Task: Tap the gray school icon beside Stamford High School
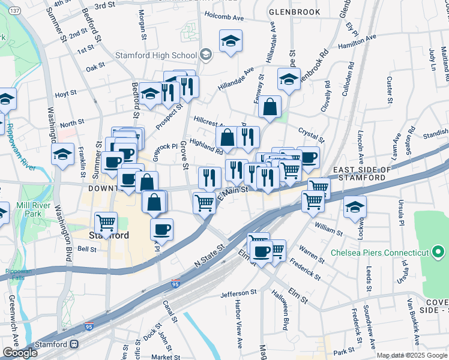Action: pos(206,55)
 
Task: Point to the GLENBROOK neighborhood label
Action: pos(291,11)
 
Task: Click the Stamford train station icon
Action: pos(75,344)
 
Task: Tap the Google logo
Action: pos(20,353)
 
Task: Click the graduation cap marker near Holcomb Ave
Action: pos(231,41)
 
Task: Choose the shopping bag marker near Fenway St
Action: pos(270,107)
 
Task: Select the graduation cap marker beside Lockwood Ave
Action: pos(355,207)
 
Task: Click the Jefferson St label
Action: pos(222,294)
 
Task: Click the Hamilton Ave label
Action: pos(357,41)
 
